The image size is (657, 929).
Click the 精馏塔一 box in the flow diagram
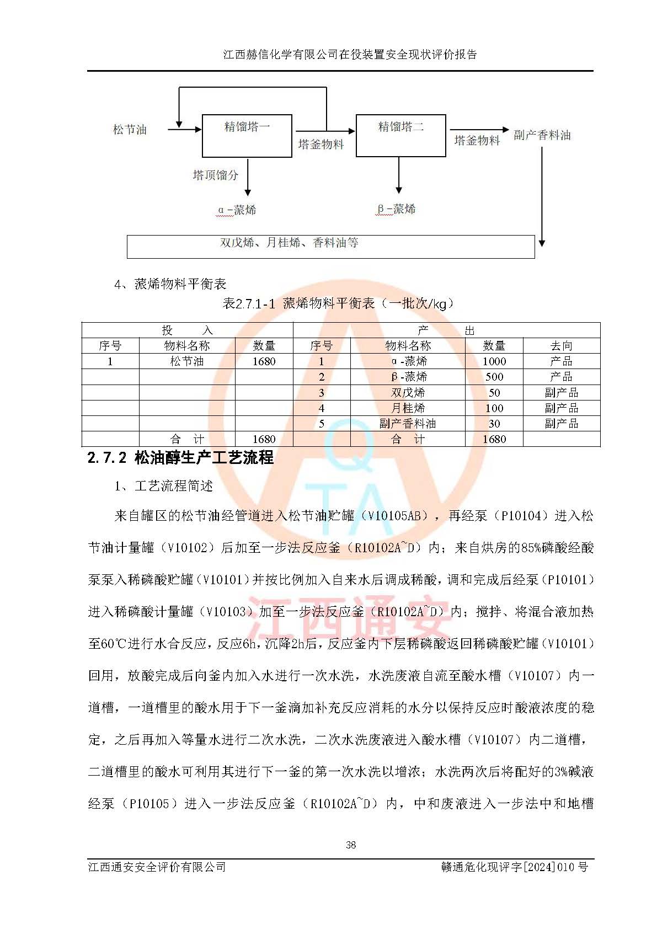tap(247, 136)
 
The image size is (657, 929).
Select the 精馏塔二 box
tap(400, 136)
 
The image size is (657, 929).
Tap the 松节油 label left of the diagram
tap(130, 130)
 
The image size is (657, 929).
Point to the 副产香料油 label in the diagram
tap(542, 135)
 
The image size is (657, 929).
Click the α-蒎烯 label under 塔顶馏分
tap(237, 210)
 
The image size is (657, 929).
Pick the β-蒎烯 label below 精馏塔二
tap(396, 209)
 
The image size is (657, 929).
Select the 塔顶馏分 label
tap(215, 175)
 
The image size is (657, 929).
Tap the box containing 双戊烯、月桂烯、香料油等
tap(330, 247)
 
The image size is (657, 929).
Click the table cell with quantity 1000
tap(494, 361)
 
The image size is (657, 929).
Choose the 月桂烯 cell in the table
tap(408, 408)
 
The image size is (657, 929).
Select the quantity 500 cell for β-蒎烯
tap(494, 377)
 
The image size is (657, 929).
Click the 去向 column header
tap(561, 346)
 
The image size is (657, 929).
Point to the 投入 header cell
tap(187, 330)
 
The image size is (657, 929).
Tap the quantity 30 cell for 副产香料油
tap(494, 424)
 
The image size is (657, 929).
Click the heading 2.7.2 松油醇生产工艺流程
tap(180, 458)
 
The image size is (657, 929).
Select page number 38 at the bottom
tap(350, 845)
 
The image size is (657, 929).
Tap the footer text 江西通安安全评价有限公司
tap(157, 867)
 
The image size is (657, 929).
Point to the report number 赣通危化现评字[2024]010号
tap(514, 867)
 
